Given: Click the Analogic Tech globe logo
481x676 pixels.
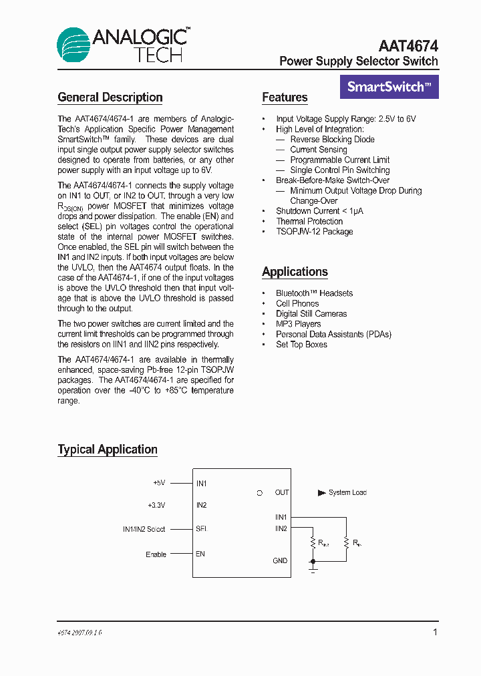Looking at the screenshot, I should (73, 45).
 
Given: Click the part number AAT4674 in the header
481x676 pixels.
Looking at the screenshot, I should (408, 45).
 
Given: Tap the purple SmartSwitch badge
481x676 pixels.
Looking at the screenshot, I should (389, 87).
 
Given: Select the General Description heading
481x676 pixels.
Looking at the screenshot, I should (110, 98).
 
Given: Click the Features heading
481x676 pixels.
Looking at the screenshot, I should (285, 98).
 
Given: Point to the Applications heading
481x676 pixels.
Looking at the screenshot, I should (295, 272).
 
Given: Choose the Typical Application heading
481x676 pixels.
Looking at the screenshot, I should (108, 450).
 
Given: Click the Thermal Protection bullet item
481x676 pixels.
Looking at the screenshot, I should (309, 221).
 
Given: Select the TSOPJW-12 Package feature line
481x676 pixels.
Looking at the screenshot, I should (314, 232).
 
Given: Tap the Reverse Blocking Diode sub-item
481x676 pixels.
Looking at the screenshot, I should (332, 140).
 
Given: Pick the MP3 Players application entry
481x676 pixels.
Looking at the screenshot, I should (298, 324).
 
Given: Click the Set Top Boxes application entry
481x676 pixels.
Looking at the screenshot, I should (301, 345).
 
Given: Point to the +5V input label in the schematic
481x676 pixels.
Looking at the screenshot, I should (158, 482).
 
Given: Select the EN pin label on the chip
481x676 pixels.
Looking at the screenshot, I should (200, 554).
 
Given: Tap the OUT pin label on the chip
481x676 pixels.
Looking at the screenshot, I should (282, 493).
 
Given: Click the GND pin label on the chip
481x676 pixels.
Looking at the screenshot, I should (280, 561).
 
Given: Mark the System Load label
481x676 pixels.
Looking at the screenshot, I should (347, 493).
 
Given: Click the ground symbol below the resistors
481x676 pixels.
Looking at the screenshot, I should (313, 570).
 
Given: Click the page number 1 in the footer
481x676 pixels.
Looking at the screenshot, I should (435, 632).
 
